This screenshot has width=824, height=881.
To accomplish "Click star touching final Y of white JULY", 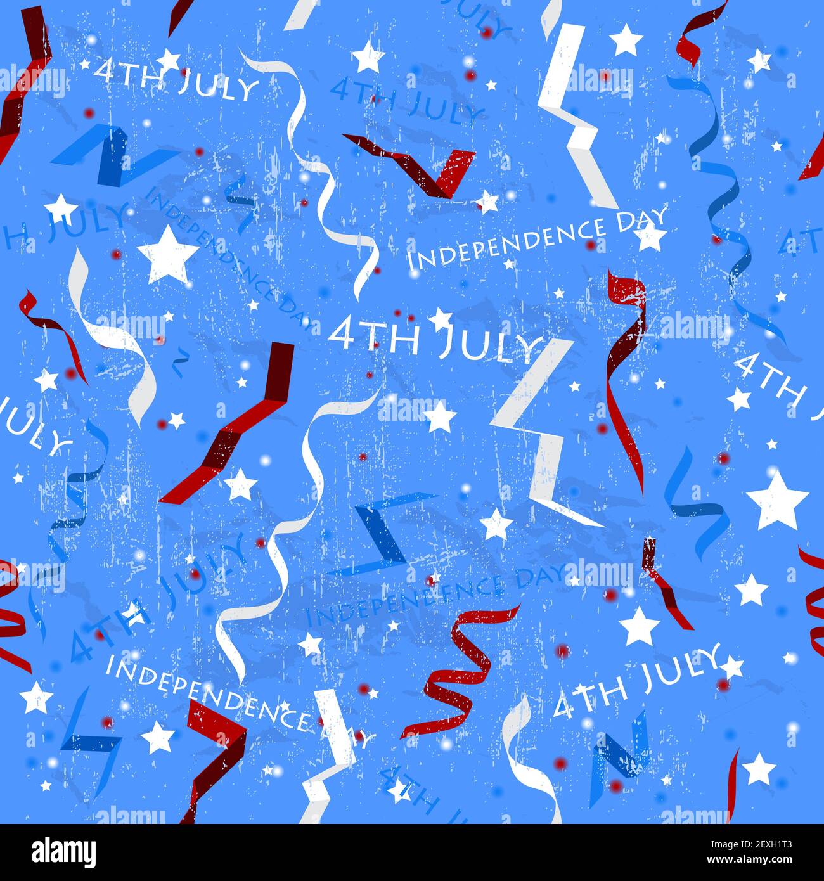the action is [731, 666].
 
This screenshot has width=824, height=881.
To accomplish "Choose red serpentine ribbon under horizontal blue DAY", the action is [460, 672].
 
